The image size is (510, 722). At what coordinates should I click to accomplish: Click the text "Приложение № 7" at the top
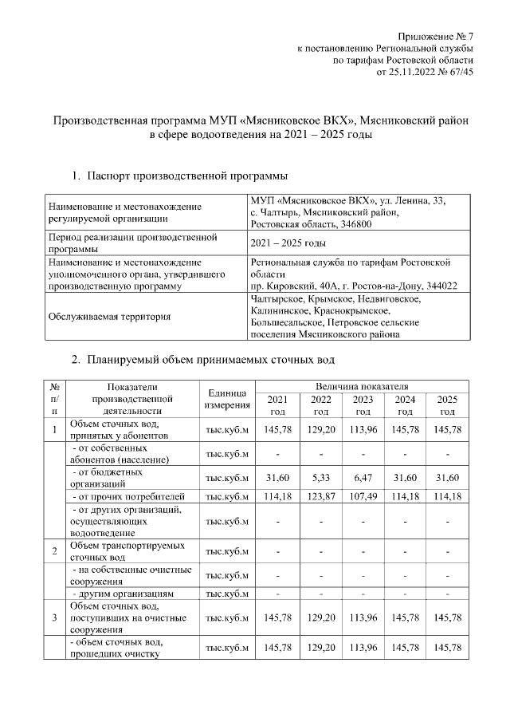pyautogui.click(x=436, y=37)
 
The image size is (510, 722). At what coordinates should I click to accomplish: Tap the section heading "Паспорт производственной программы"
pyautogui.click(x=187, y=175)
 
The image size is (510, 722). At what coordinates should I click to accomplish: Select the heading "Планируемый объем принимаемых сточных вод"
pyautogui.click(x=210, y=359)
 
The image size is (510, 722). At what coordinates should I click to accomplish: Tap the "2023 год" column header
pyautogui.click(x=363, y=405)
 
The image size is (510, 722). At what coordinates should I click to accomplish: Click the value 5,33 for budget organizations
pyautogui.click(x=320, y=477)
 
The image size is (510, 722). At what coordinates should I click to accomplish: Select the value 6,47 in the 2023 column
pyautogui.click(x=363, y=477)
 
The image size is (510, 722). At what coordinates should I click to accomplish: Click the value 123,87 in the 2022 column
pyautogui.click(x=320, y=497)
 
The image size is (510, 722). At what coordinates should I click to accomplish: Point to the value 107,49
pyautogui.click(x=363, y=497)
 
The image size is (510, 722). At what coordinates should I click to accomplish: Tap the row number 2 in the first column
pyautogui.click(x=54, y=551)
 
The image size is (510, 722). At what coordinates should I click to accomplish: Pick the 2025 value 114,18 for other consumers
pyautogui.click(x=447, y=497)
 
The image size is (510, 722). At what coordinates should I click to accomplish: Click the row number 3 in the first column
pyautogui.click(x=54, y=618)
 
